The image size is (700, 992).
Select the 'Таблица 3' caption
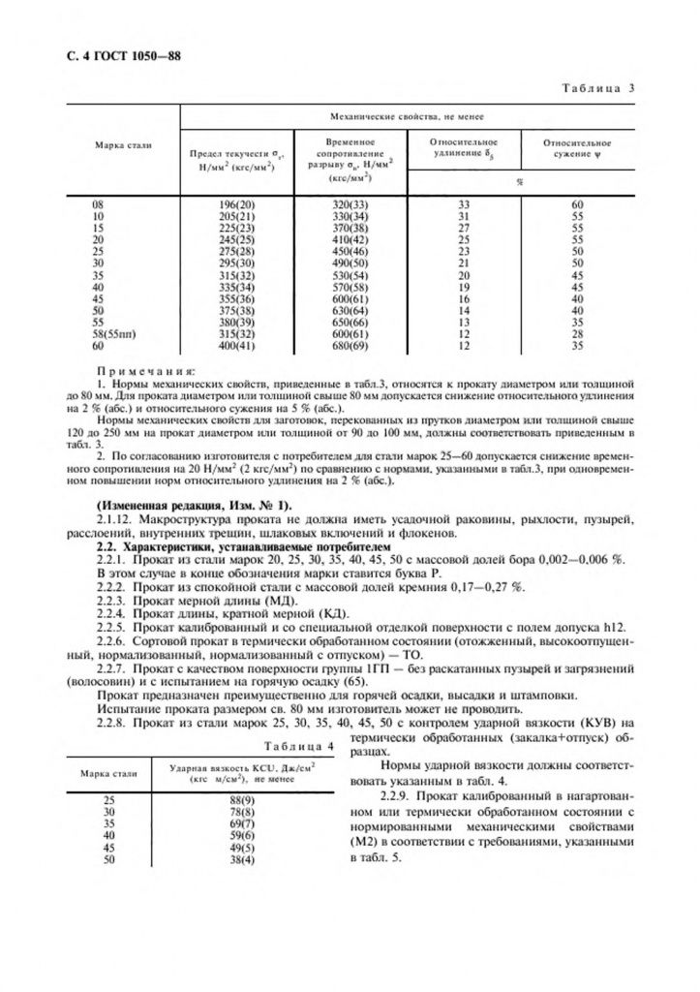[596, 89]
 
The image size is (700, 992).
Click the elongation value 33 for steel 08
[463, 205]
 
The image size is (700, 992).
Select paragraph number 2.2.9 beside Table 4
[372, 795]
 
